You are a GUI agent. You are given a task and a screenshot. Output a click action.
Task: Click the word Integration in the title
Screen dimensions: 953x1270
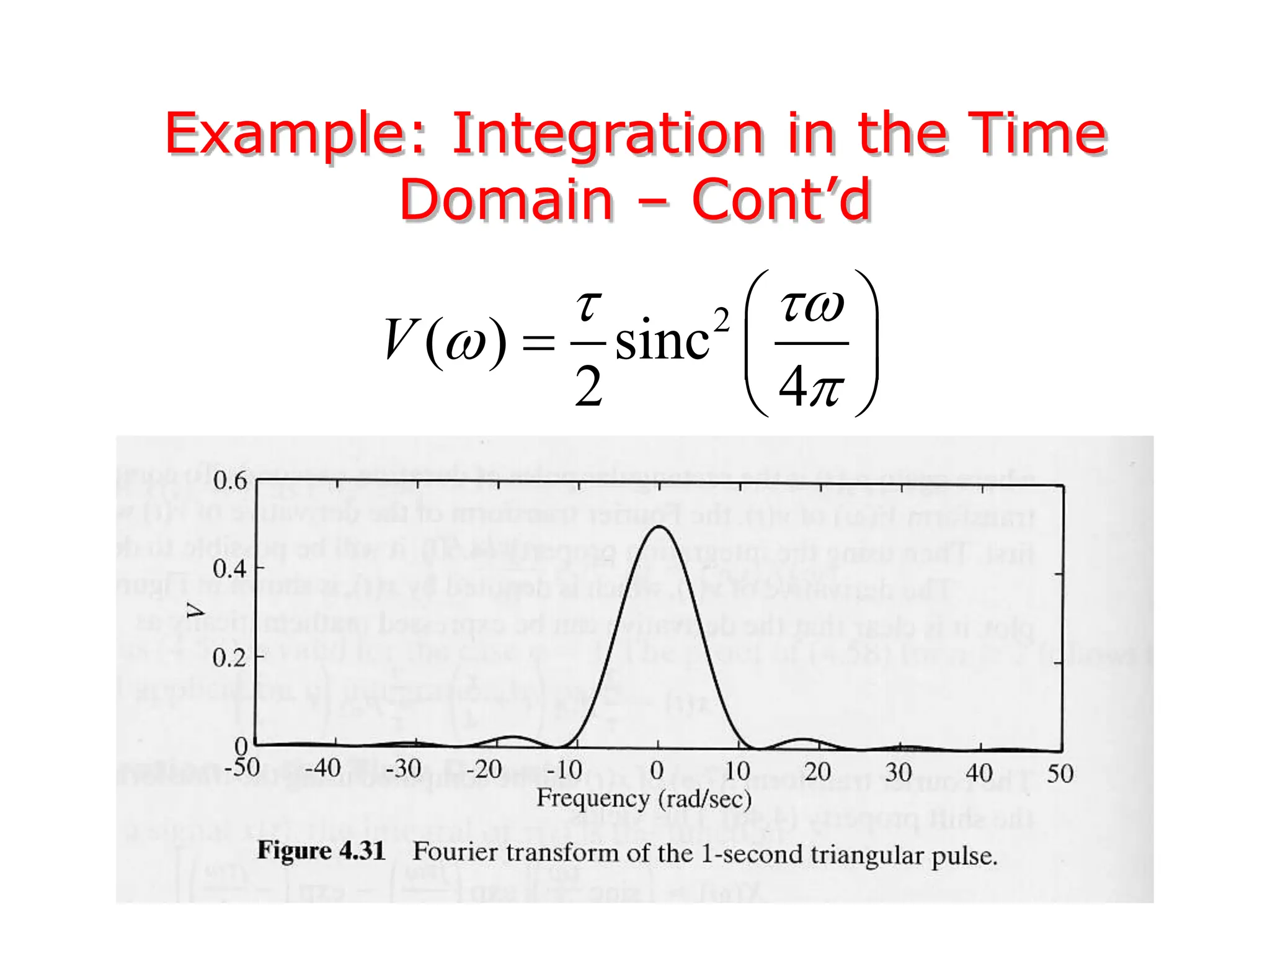[x=608, y=134]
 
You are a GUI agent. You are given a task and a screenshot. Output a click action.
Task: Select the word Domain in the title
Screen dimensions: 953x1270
[x=506, y=200]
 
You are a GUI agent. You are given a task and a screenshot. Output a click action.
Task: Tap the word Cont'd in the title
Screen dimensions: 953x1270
[x=781, y=200]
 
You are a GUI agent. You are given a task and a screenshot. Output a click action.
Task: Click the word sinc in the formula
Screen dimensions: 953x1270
[x=662, y=341]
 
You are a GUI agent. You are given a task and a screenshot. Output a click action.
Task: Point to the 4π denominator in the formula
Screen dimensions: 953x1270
[x=810, y=386]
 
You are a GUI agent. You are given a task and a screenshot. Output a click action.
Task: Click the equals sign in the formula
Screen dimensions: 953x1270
[x=538, y=342]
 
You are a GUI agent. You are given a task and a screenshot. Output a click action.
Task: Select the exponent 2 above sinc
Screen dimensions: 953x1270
[x=721, y=321]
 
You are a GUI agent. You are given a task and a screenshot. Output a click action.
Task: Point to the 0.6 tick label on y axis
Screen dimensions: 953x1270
[x=230, y=481]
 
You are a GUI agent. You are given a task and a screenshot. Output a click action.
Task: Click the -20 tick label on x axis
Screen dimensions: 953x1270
[x=484, y=770]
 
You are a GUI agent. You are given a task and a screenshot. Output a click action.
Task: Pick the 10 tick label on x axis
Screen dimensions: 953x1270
[x=737, y=771]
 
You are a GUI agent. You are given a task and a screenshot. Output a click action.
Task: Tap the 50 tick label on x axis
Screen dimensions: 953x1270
[x=1060, y=774]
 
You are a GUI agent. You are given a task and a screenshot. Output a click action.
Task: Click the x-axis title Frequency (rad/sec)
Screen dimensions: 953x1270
[x=644, y=799]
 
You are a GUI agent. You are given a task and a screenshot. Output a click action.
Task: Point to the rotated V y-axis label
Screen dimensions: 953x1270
[x=196, y=611]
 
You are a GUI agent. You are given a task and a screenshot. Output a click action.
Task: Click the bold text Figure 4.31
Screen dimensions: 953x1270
[x=321, y=850]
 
